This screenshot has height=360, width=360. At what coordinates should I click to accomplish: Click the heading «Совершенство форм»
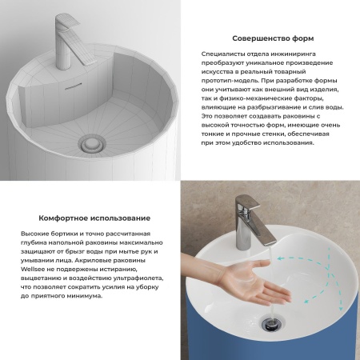click(x=273, y=38)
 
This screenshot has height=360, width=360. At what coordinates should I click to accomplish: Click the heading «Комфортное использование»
click(x=94, y=218)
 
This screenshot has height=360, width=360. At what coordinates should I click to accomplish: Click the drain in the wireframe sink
click(x=92, y=144)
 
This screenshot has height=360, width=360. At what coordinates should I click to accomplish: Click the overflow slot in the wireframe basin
click(x=73, y=86)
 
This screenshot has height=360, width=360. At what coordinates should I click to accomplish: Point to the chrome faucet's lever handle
click(x=250, y=203)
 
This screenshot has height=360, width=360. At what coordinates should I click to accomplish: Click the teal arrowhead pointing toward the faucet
click(x=280, y=258)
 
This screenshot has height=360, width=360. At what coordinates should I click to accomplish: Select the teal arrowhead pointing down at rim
click(x=341, y=308)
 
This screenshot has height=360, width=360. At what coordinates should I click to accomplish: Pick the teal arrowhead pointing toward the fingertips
click(x=307, y=301)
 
